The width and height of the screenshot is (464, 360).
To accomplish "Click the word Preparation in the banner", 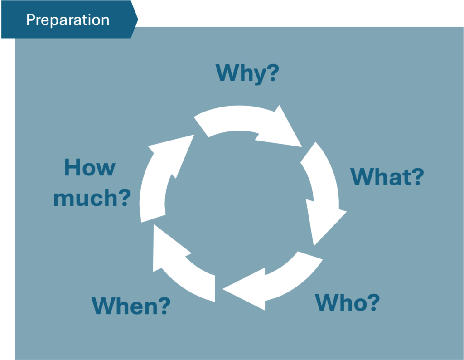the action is pyautogui.click(x=68, y=20).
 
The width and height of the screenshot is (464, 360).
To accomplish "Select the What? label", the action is pyautogui.click(x=387, y=176).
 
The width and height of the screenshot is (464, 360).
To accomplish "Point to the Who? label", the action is pyautogui.click(x=347, y=302).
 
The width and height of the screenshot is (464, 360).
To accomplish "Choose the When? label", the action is pyautogui.click(x=131, y=306).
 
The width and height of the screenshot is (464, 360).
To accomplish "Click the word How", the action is pyautogui.click(x=90, y=167).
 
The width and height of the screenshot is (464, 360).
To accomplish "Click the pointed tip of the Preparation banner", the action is pyautogui.click(x=138, y=19).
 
